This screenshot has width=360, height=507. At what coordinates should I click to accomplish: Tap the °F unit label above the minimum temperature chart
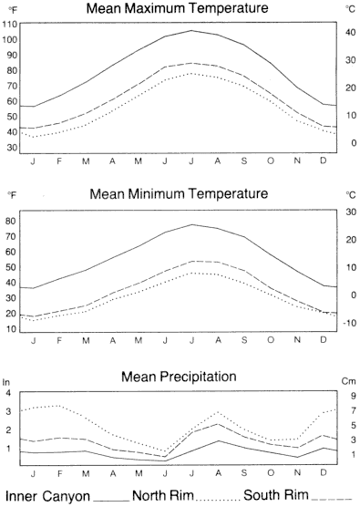(12, 195)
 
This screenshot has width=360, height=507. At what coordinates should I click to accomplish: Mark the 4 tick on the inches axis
(8, 394)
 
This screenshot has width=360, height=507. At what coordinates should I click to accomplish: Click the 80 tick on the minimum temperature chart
(12, 222)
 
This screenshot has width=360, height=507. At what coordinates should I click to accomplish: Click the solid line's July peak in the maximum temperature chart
(191, 30)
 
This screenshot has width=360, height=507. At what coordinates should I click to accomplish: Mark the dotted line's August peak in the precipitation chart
(218, 412)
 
